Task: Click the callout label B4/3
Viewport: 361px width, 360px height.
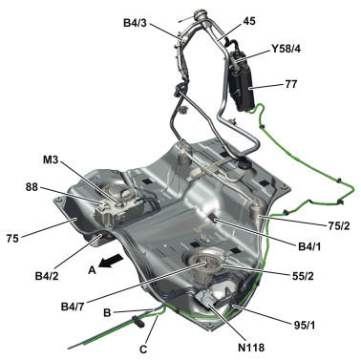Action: pos(136,23)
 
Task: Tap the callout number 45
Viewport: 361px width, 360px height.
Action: pos(249,21)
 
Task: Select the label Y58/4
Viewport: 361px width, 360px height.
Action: pos(285,49)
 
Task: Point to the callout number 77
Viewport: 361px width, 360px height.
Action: pos(290,84)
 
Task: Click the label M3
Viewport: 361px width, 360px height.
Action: pos(51,159)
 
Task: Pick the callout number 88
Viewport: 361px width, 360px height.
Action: pos(32,187)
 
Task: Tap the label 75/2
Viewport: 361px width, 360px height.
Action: pos(338,225)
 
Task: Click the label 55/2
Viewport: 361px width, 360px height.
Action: pos(302,276)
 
